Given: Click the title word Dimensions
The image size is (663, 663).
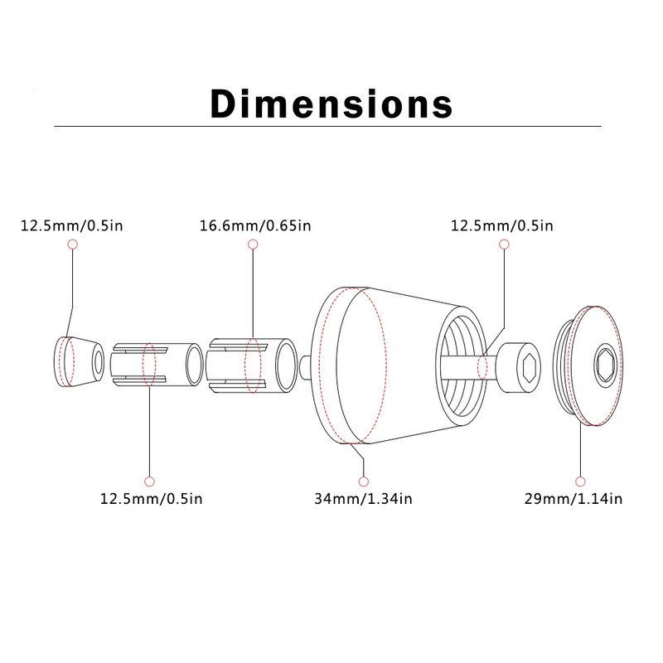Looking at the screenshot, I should pos(331,104).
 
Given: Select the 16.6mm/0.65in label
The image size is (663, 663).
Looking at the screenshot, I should pos(255,225).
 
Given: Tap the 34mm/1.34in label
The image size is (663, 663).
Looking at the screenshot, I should pos(363,499).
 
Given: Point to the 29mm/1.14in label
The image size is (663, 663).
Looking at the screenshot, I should pos(573,499).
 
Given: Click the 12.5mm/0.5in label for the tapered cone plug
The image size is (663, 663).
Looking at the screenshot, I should pos(72,225).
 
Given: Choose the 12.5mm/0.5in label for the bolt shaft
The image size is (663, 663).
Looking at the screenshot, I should pos(502,225).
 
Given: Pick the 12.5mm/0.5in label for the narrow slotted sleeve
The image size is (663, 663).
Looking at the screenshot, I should pos(151,499).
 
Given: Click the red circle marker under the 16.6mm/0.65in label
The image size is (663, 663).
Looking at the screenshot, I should pos(253,244).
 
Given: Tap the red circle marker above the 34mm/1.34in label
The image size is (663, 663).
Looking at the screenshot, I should pos(363,481).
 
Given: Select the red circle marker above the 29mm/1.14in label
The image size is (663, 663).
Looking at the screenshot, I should pos(580,481).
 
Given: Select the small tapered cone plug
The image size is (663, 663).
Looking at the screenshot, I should pos(77,363).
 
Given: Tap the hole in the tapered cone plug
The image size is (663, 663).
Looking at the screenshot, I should pos(99,362).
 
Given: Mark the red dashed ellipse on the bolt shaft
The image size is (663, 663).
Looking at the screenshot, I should pos(482,365).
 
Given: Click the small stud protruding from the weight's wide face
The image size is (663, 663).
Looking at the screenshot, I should pos(307,362).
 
